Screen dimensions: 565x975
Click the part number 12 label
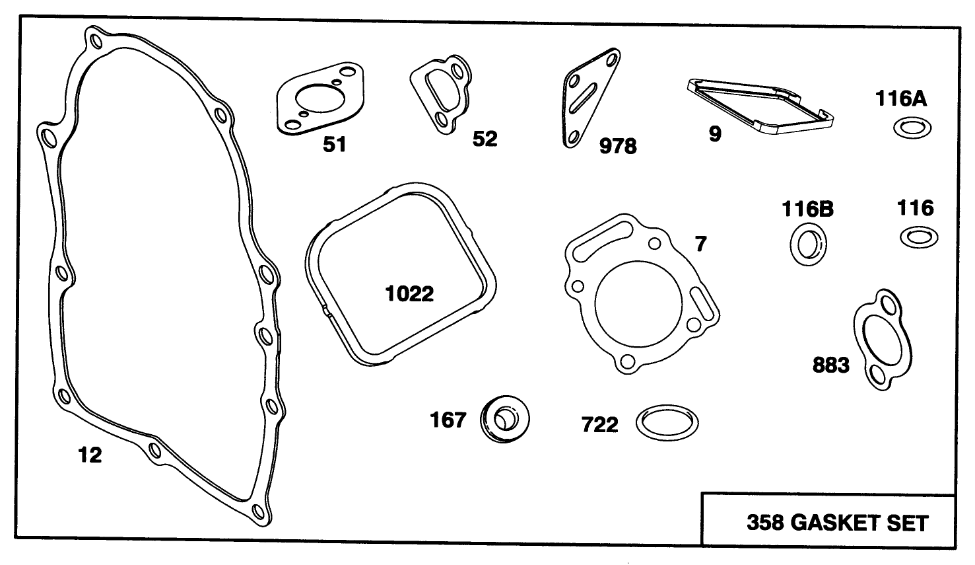(x=90, y=455)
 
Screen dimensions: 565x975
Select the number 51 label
(x=334, y=144)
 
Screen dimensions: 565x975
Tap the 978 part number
(x=617, y=146)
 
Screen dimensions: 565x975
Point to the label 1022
(x=409, y=293)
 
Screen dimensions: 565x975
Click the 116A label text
(x=901, y=99)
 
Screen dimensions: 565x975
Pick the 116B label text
(x=808, y=209)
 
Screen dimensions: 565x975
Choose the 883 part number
(x=830, y=365)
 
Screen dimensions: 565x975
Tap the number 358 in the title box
(x=765, y=523)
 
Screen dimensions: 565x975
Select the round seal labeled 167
(x=505, y=418)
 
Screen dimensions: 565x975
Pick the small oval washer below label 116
(x=918, y=237)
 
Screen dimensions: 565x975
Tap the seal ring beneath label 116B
(x=808, y=244)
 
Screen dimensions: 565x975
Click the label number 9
(x=715, y=134)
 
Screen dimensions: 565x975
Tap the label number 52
(x=485, y=139)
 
